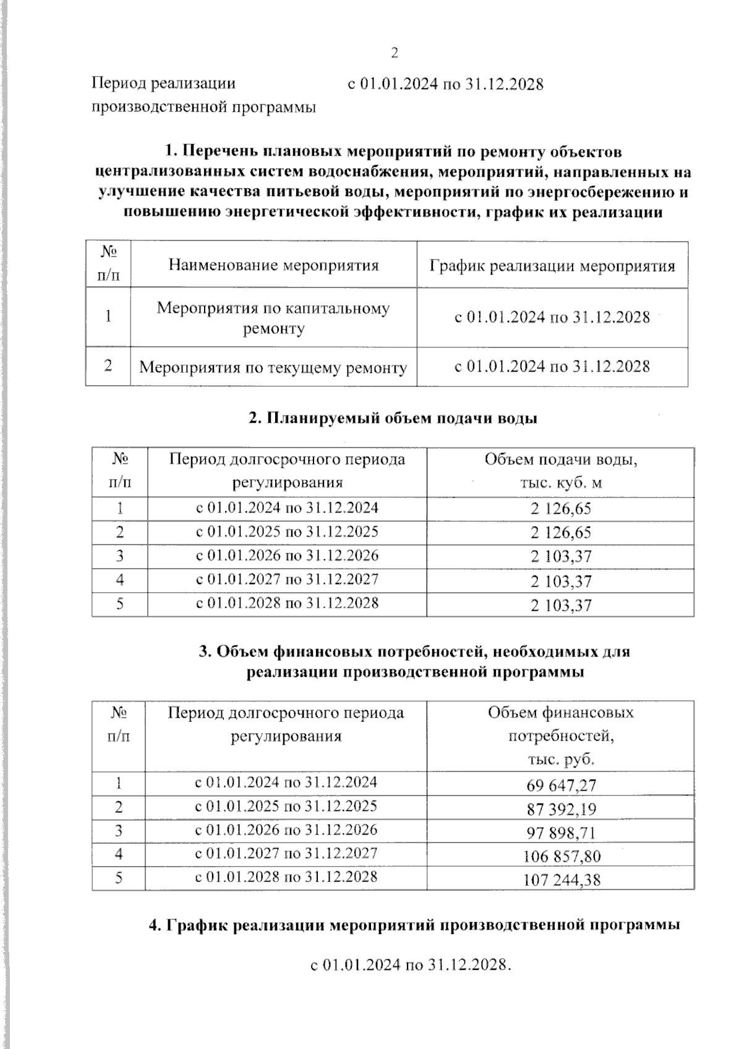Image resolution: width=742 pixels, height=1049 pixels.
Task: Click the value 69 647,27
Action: pos(561,785)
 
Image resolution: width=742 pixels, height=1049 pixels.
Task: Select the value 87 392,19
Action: pos(561,809)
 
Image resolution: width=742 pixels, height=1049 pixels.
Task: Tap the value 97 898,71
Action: pos(561,833)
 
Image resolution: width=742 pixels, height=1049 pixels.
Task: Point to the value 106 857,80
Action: pos(561,856)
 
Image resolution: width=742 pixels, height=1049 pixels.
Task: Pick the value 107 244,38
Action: pos(561,879)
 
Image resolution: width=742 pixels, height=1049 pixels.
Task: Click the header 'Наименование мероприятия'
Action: pos(273,266)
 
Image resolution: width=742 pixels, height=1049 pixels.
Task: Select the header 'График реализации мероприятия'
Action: pos(552,266)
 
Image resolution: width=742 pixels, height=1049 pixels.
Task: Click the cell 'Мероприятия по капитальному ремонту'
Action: pos(273,318)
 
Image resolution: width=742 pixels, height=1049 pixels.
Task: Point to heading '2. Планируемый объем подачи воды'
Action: pos(393,418)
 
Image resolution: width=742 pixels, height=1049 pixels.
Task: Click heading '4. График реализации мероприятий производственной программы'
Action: pos(415,925)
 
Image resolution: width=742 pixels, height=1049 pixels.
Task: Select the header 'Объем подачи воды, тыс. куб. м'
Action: pos(560,471)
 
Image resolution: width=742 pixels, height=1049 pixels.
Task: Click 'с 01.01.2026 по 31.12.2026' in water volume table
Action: pos(287,555)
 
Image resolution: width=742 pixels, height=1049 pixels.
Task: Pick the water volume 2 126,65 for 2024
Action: pos(560,509)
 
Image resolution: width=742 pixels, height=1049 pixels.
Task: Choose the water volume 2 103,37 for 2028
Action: pos(560,605)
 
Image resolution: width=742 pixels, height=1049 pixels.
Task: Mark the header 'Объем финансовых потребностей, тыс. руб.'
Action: pos(560,736)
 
